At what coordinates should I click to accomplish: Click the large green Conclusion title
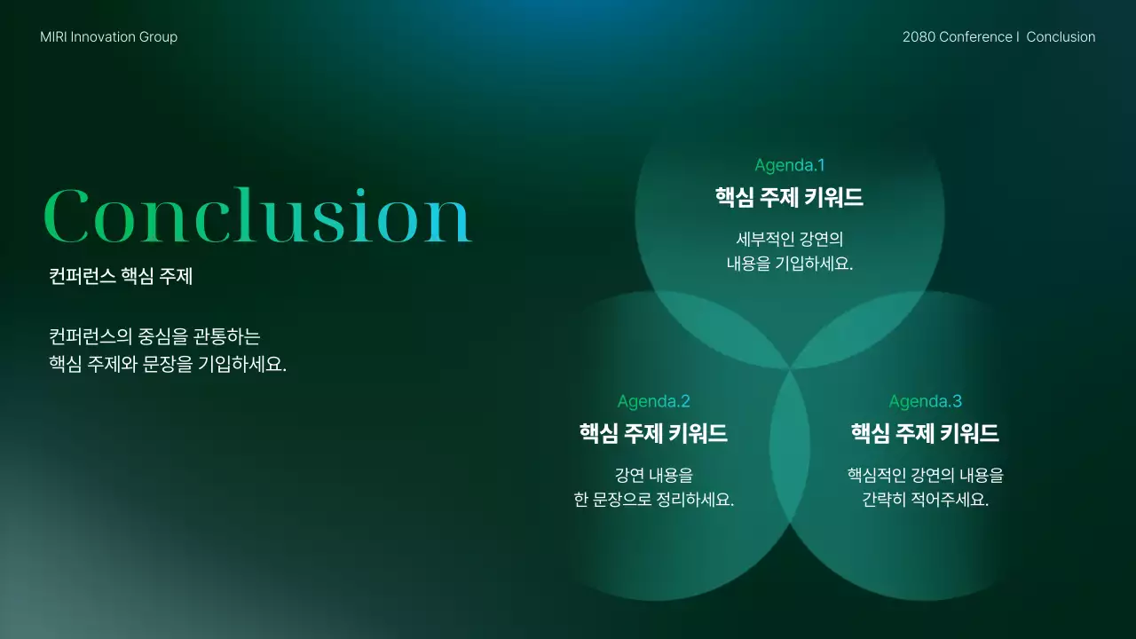click(x=257, y=216)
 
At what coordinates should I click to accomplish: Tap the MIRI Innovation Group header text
click(x=108, y=37)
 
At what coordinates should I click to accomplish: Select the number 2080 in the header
click(x=919, y=37)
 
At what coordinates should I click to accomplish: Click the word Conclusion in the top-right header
click(x=1061, y=37)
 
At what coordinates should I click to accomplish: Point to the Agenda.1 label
click(x=789, y=165)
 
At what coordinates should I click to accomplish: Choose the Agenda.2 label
click(x=653, y=401)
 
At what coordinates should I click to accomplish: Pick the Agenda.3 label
click(x=925, y=401)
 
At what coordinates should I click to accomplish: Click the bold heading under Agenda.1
click(x=789, y=197)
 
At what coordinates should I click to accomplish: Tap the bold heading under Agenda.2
click(x=653, y=433)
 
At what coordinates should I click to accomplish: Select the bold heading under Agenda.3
click(x=925, y=433)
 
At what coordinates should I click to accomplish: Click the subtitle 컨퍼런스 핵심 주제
click(x=121, y=277)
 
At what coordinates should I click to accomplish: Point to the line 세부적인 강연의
click(x=789, y=240)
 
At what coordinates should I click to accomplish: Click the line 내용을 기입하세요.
click(x=789, y=264)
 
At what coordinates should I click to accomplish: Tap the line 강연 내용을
click(x=653, y=476)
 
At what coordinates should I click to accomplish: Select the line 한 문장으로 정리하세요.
click(x=653, y=500)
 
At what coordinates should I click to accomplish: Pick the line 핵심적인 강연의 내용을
click(x=925, y=476)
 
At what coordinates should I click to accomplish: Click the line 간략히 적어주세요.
click(x=925, y=500)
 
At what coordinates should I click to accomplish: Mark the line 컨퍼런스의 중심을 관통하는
click(x=154, y=337)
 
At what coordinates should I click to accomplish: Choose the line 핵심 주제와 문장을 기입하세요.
click(x=168, y=364)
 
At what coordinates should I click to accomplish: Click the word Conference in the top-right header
click(x=975, y=37)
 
